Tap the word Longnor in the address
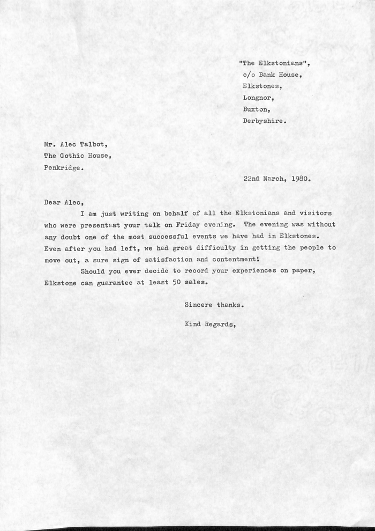pos(258,98)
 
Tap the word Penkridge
pos(63,167)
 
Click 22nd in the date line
pos(251,179)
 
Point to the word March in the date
pos(276,179)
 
